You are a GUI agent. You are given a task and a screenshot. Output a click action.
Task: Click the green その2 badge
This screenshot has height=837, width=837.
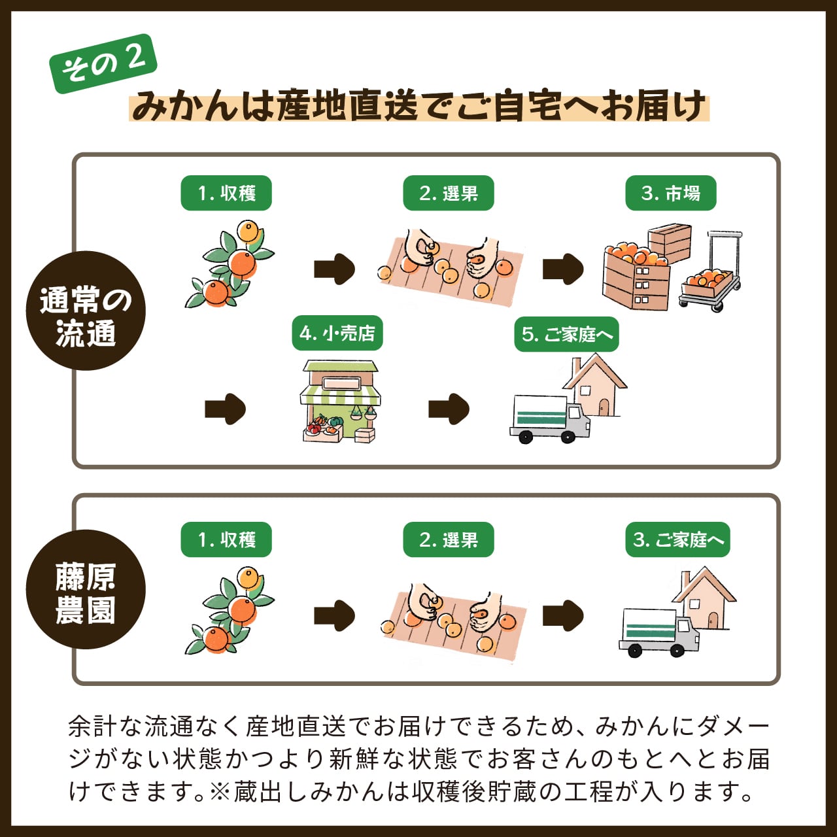103,63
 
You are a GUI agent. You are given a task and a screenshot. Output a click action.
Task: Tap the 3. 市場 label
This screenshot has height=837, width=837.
670,194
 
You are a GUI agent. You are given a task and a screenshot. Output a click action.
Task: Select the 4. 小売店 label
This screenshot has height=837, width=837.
337,334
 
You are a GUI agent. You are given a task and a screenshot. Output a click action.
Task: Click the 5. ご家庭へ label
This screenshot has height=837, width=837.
566,335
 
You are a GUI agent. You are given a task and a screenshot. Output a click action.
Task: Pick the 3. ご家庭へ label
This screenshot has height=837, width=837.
677,540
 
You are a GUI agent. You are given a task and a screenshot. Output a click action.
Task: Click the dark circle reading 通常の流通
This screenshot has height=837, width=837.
86,311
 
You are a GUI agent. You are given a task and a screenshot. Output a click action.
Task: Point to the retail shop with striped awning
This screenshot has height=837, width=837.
340,401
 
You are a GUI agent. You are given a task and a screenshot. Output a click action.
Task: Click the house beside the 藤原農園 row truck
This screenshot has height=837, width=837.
705,598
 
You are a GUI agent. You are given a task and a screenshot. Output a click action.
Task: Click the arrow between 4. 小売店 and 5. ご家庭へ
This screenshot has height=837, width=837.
449,409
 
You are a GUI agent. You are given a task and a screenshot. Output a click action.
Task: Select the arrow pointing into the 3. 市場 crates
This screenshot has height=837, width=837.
562,269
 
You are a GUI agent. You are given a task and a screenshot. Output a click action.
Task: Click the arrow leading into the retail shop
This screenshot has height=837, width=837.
225,409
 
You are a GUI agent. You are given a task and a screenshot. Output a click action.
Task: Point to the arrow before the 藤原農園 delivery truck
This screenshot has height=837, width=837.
562,615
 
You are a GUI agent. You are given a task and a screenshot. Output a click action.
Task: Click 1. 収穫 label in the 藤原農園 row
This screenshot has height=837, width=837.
226,540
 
